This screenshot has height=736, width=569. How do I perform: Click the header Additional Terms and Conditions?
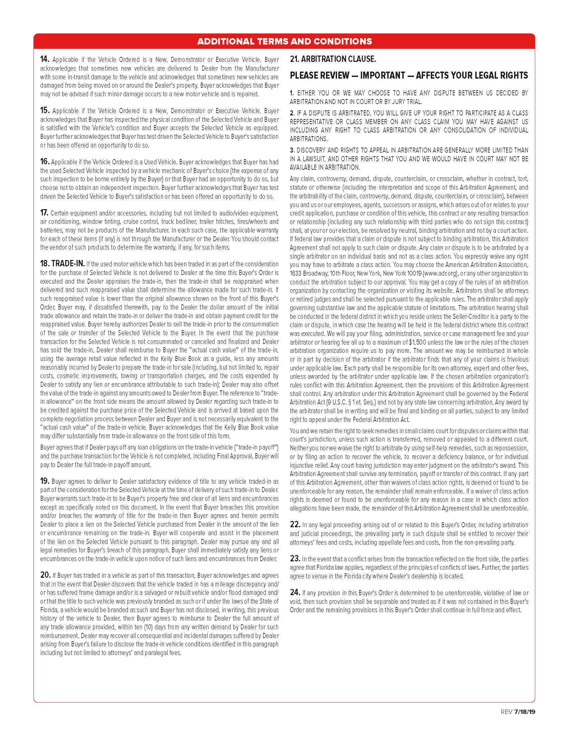(284, 41)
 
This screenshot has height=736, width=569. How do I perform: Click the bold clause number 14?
(45, 60)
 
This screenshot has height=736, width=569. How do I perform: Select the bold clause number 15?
(45, 110)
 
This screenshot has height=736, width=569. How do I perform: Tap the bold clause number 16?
(45, 162)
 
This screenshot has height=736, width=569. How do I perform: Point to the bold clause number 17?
(44, 213)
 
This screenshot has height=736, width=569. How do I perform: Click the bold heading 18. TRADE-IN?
(62, 264)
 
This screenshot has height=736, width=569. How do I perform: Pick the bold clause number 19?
(45, 481)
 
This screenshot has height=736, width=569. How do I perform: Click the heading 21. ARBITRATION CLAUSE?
(333, 59)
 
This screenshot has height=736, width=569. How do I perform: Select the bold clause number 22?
(295, 524)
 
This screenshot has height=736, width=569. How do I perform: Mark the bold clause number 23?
(295, 558)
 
